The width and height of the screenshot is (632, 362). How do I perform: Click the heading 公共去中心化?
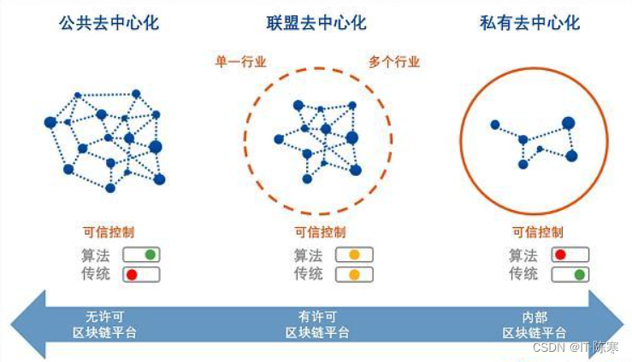[x=109, y=22]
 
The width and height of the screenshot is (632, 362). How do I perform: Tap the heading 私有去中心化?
[x=529, y=22]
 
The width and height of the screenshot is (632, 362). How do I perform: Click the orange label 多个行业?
[x=394, y=61]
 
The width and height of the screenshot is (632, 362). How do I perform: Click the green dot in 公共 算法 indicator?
[x=150, y=254]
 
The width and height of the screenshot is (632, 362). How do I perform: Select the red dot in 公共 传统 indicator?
[x=133, y=274]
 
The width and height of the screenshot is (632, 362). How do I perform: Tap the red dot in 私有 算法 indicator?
[x=560, y=254]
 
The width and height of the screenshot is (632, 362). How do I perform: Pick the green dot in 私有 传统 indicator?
[x=580, y=274]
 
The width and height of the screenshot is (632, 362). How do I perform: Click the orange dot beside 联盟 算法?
[x=354, y=254]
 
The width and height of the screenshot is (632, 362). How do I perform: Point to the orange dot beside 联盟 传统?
[x=354, y=274]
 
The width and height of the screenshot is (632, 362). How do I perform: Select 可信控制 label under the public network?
[x=108, y=231]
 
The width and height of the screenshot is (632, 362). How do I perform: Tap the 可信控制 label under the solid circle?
[x=537, y=231]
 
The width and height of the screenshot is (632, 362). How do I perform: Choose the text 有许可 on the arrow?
[x=318, y=314]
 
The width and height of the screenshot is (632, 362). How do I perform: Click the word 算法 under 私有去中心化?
[x=523, y=254]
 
